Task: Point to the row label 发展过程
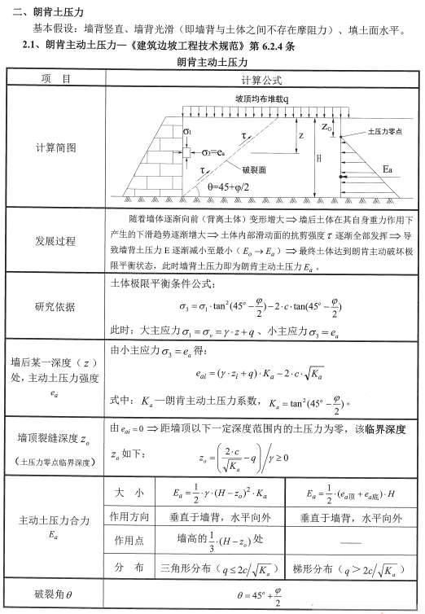pos(56,242)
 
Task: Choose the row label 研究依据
pos(56,306)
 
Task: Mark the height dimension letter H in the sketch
pos(318,158)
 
